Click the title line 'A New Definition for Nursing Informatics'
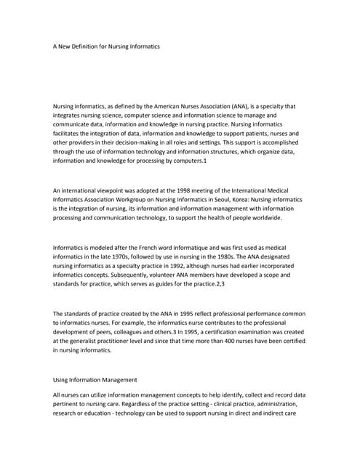coord(106,46)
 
